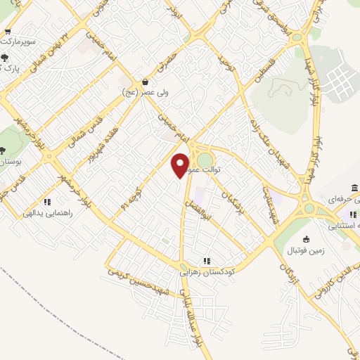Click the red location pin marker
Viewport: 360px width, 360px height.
pos(181,165)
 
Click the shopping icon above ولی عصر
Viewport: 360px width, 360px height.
pos(145,81)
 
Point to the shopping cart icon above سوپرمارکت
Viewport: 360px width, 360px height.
pos(7,32)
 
